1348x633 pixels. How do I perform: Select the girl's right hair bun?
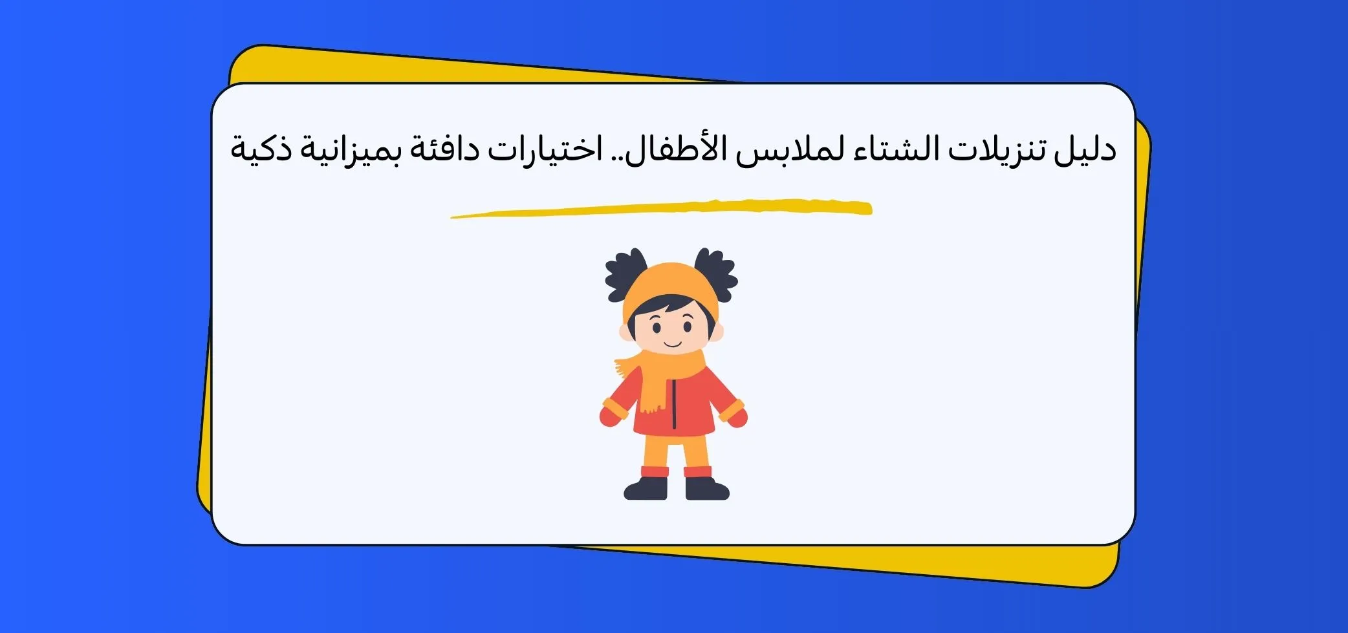click(716, 274)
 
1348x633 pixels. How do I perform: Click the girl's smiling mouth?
click(673, 343)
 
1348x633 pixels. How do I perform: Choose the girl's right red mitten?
click(737, 416)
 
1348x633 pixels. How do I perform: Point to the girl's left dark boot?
click(646, 488)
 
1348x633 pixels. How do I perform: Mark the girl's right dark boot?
click(706, 488)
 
